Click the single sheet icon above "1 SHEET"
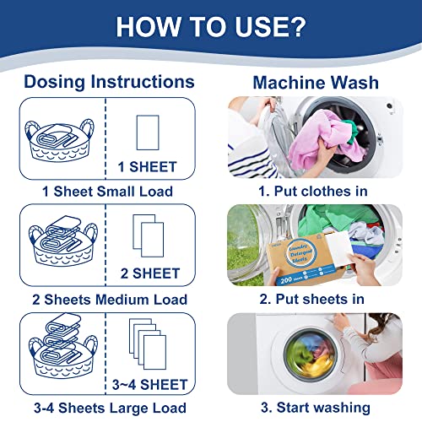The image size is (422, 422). coord(148,132)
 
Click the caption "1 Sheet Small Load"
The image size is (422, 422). coord(107,191)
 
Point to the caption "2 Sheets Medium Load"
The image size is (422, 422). coord(107,299)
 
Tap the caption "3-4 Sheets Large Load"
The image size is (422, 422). coord(107,408)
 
